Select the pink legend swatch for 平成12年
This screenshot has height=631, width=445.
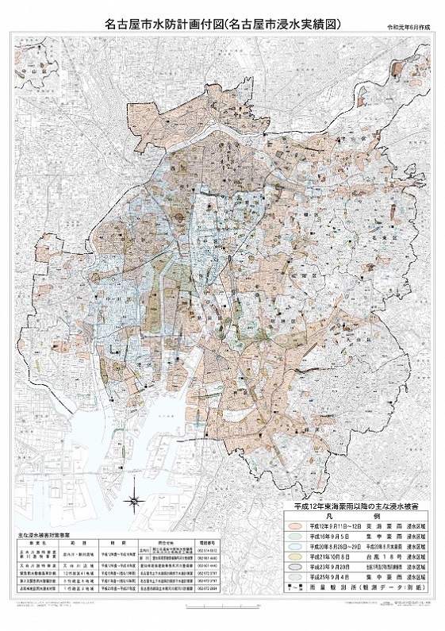(294, 525)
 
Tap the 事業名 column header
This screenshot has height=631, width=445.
(30, 545)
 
